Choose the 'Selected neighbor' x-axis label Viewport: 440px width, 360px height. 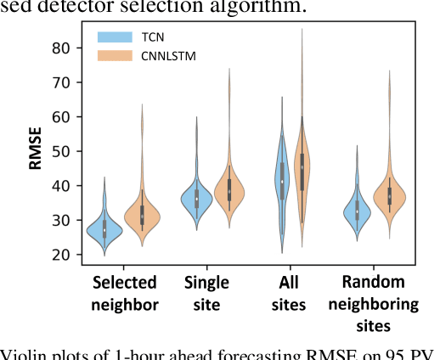125,293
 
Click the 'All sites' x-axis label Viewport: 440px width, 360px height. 291,293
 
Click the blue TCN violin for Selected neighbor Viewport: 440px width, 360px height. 104,230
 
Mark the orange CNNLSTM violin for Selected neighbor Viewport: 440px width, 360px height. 143,217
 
